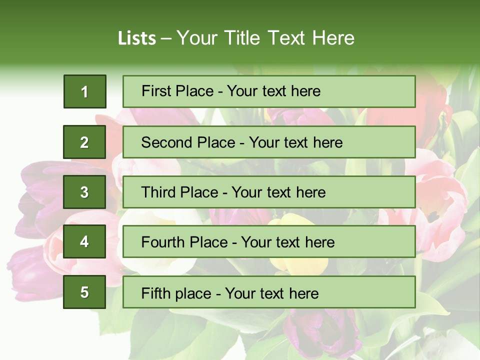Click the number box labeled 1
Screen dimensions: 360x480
click(x=84, y=91)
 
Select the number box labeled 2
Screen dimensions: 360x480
click(x=84, y=142)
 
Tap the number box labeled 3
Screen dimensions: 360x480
click(x=84, y=192)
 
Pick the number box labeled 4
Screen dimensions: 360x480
click(x=84, y=242)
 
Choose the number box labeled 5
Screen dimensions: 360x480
click(x=84, y=292)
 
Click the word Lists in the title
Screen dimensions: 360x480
click(x=137, y=38)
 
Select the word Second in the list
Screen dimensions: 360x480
click(x=166, y=142)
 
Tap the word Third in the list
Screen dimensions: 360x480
click(x=158, y=192)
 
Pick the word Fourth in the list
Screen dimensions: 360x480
click(x=162, y=242)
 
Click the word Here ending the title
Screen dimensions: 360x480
click(x=333, y=38)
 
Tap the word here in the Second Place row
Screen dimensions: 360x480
click(x=328, y=142)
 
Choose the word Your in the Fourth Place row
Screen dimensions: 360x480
click(x=257, y=242)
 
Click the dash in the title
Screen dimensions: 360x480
click(x=166, y=39)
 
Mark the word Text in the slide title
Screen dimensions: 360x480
click(x=287, y=38)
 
